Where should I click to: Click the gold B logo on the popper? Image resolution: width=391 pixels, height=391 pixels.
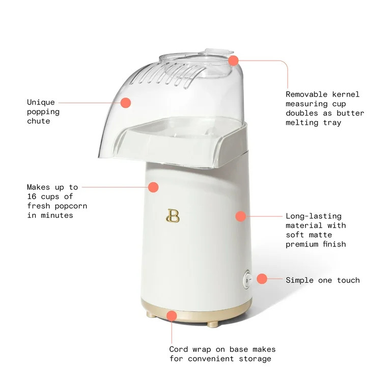point(173,216)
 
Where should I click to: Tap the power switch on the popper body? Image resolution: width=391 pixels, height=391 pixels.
point(248,280)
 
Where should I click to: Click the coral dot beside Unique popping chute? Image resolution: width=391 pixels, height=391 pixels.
point(125,102)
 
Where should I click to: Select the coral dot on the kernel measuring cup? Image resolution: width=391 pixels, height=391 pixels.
point(233,61)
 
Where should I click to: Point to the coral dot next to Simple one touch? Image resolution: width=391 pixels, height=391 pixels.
point(262,278)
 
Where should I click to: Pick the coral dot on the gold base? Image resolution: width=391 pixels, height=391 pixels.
point(172,316)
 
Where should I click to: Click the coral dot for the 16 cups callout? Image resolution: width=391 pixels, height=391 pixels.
point(153,187)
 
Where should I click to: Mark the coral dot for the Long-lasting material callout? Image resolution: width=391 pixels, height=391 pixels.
point(240,216)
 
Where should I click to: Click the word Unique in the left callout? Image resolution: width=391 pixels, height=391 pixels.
point(41,102)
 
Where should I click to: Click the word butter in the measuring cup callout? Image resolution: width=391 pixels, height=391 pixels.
point(350,113)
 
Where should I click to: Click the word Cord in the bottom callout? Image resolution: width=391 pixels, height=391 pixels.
point(178,349)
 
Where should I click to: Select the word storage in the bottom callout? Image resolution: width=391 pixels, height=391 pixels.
point(255,358)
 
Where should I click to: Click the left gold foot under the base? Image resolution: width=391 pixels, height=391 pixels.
point(151,316)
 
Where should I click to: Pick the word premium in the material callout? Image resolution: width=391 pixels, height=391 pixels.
point(302,244)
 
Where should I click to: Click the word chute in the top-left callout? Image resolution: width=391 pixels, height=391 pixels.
point(39,121)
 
